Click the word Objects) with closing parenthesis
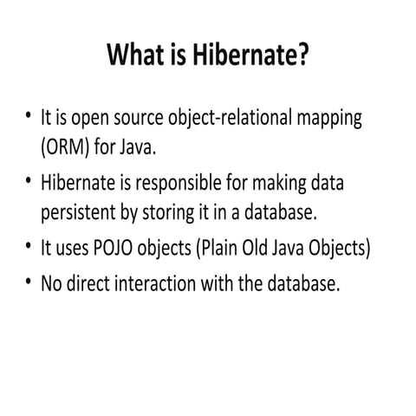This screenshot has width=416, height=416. [x=344, y=249]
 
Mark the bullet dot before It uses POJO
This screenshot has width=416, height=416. [x=29, y=248]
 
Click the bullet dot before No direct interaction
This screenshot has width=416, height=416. [x=29, y=283]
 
